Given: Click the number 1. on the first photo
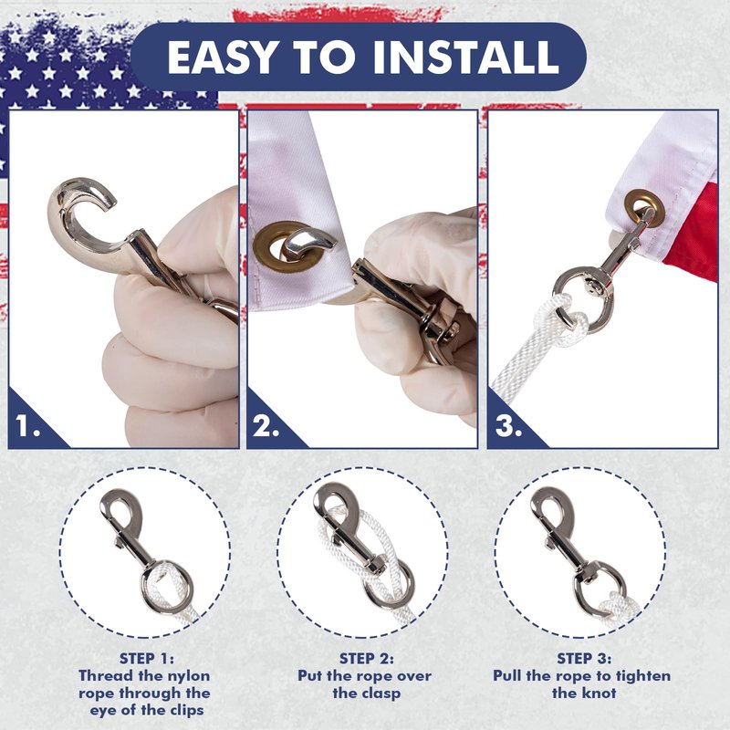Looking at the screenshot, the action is coord(27,425).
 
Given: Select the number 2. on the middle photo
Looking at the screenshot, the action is coord(266,425).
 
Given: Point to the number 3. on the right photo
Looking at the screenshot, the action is coord(508,425).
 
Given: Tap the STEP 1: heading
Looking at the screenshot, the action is coord(147,658).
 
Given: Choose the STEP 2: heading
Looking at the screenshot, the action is coord(367,658).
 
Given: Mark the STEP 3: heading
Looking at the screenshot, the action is coord(584,658).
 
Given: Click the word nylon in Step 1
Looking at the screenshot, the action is coord(186,675).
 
